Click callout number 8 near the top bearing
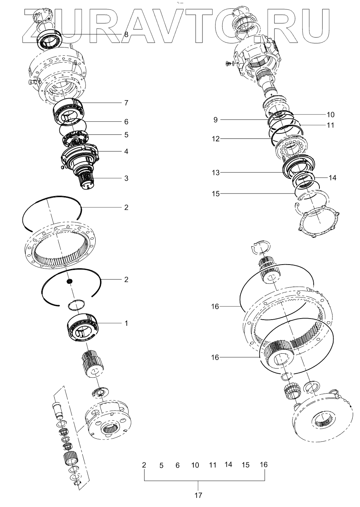pyautogui.click(x=126, y=35)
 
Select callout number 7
pyautogui.click(x=126, y=103)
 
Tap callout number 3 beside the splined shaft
pyautogui.click(x=126, y=178)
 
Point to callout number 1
pyautogui.click(x=126, y=323)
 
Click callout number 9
pyautogui.click(x=215, y=120)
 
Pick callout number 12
pyautogui.click(x=215, y=139)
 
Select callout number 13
pyautogui.click(x=215, y=173)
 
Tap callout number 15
pyautogui.click(x=215, y=194)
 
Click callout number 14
pyautogui.click(x=332, y=178)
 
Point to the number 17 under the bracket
pyautogui.click(x=198, y=495)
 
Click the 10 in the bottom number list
pyautogui.click(x=195, y=465)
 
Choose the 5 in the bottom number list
pyautogui.click(x=161, y=465)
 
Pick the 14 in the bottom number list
pyautogui.click(x=228, y=464)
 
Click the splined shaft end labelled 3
pyautogui.click(x=87, y=179)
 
